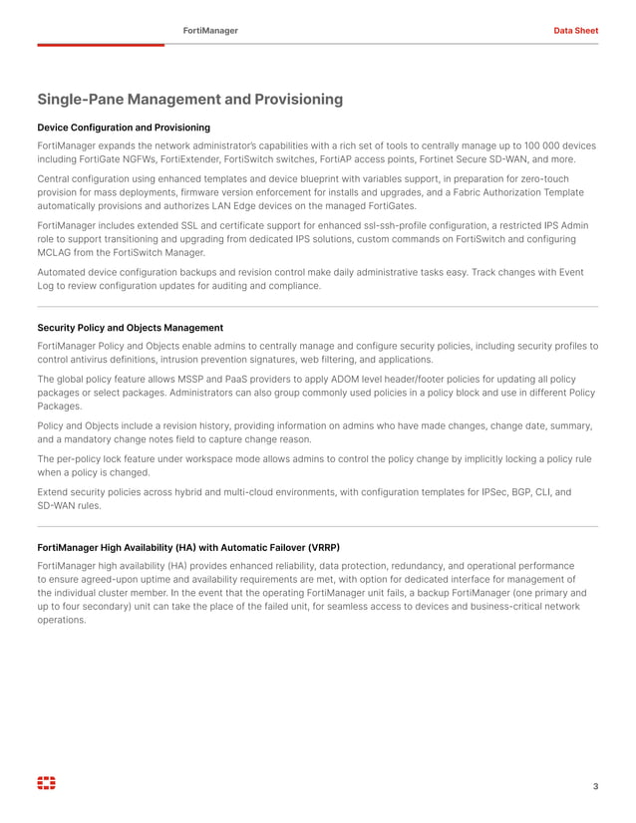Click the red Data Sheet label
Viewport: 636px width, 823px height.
[575, 31]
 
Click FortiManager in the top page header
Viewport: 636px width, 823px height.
[210, 31]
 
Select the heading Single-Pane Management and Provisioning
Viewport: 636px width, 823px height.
[189, 100]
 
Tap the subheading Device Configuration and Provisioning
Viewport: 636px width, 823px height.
[124, 128]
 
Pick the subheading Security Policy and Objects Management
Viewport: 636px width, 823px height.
[130, 328]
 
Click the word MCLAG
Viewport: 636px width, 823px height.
[57, 253]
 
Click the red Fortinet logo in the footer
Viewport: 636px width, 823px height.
[46, 784]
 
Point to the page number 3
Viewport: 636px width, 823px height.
[595, 787]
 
